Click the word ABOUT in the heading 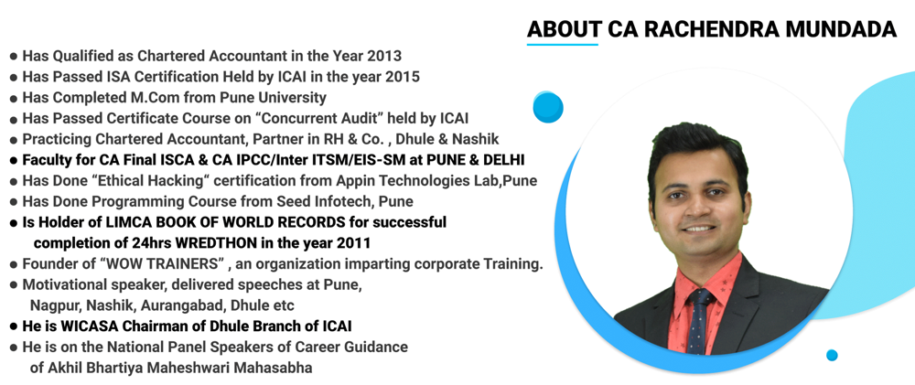point(564,30)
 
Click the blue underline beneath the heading point(563,44)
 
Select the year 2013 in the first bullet point(384,56)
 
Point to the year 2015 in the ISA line point(402,77)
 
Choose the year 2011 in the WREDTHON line point(353,242)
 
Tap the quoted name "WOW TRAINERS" point(164,263)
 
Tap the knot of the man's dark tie point(700,296)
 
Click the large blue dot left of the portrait point(548,107)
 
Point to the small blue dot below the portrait point(832,355)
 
